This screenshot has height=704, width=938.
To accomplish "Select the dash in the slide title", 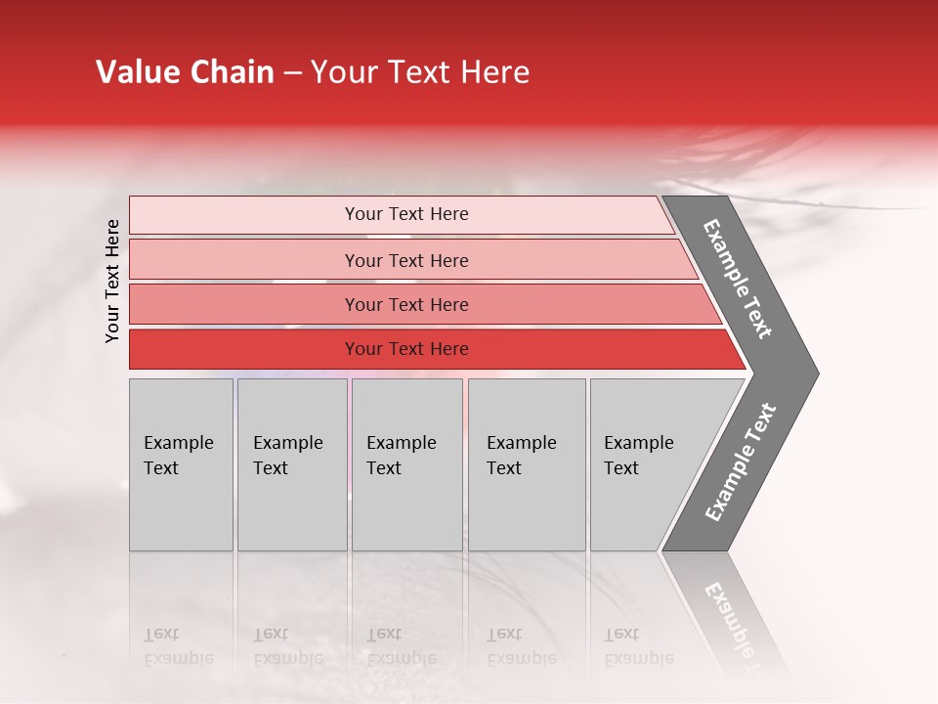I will [292, 73].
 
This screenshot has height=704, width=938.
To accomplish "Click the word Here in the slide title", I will [494, 72].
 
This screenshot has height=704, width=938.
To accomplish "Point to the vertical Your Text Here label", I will [112, 281].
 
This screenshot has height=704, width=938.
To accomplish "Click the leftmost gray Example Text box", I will [181, 464].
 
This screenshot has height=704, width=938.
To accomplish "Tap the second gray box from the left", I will [291, 464].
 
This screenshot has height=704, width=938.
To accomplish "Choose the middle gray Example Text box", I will [406, 464].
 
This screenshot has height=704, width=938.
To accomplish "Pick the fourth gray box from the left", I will [526, 464].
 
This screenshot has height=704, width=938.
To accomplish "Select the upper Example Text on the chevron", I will [738, 279].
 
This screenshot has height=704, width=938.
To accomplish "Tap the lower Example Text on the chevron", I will [740, 462].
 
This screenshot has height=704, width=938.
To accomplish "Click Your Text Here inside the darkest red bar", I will [406, 349].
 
